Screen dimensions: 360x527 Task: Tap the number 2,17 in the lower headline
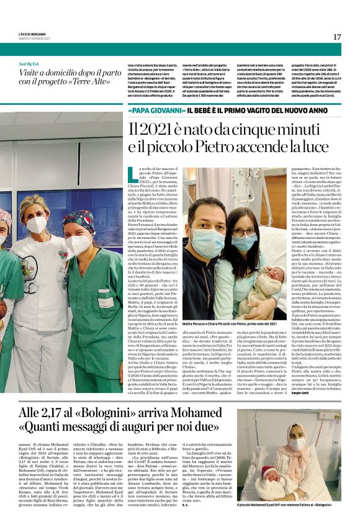coord(69,412)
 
